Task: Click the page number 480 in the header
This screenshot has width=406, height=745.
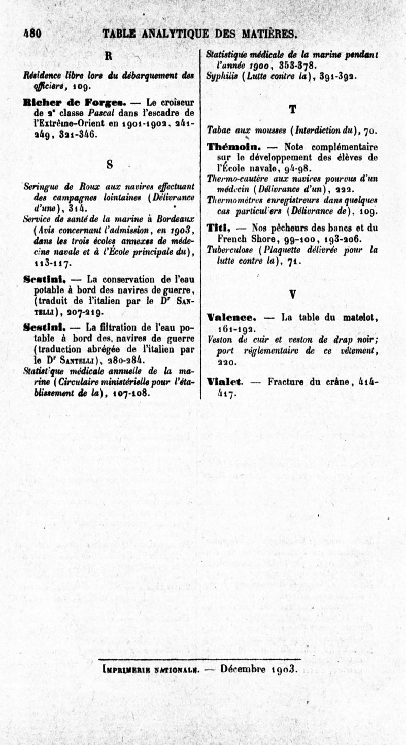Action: pos(32,34)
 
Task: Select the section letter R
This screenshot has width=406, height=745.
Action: pos(108,55)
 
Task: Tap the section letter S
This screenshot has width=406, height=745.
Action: pos(110,165)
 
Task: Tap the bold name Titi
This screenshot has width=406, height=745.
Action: pos(218,228)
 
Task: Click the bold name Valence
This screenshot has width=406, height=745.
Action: pos(231,318)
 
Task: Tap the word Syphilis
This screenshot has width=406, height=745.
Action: pos(220,77)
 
